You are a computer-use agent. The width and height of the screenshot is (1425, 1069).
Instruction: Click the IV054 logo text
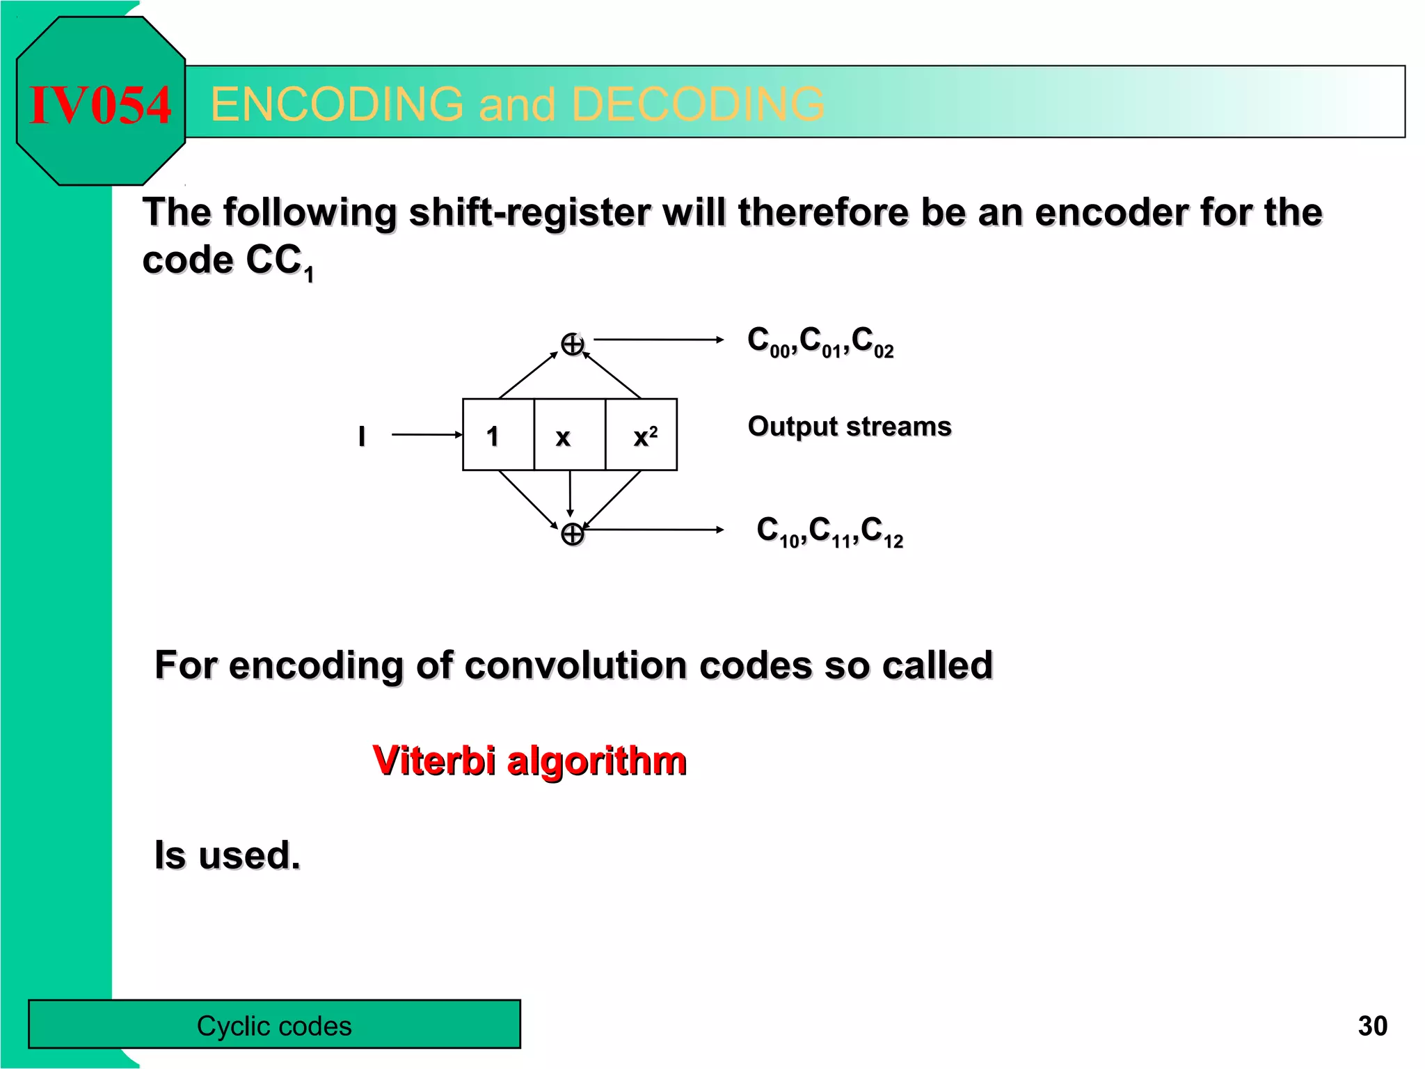coord(100,105)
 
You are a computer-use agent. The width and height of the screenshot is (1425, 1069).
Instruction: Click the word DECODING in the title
coord(698,104)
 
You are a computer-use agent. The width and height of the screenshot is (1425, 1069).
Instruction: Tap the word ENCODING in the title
coord(337,104)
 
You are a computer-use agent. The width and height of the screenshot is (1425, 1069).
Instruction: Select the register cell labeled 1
coord(497,436)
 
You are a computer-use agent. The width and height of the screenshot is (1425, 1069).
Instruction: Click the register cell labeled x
coord(568,436)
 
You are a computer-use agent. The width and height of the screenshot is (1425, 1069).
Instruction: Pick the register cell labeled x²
coord(642,436)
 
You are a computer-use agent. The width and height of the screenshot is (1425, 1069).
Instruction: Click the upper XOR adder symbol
coord(573,344)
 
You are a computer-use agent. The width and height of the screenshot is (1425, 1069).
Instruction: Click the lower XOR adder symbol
coord(573,534)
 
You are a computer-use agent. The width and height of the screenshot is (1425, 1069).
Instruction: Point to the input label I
coord(362,436)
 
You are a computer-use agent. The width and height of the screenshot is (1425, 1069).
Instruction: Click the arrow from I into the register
coord(427,435)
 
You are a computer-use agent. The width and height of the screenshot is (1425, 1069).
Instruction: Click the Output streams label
coord(849,426)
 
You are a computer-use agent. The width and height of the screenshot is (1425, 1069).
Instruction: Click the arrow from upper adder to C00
coord(658,340)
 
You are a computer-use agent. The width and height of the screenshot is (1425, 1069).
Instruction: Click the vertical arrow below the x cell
coord(571,493)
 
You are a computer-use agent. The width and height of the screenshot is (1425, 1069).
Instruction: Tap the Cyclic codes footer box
coord(274,1024)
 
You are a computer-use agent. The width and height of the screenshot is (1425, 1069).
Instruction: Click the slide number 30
coord(1372,1026)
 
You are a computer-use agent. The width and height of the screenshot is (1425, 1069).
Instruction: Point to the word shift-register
coord(531,212)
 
